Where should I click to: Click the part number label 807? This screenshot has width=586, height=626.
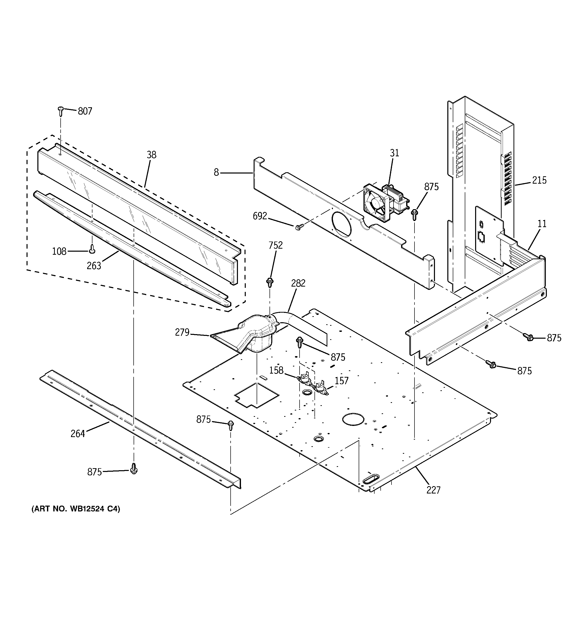(x=85, y=111)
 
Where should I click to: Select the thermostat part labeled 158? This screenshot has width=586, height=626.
(x=304, y=378)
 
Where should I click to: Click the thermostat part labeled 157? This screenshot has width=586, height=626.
(x=321, y=387)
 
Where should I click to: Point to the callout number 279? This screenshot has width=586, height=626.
(x=182, y=332)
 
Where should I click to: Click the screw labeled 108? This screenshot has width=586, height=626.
(x=92, y=249)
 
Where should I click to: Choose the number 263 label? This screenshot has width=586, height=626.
(x=94, y=266)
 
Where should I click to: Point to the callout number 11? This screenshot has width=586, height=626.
(x=542, y=224)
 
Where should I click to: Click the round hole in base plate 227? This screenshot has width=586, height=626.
(x=353, y=420)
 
